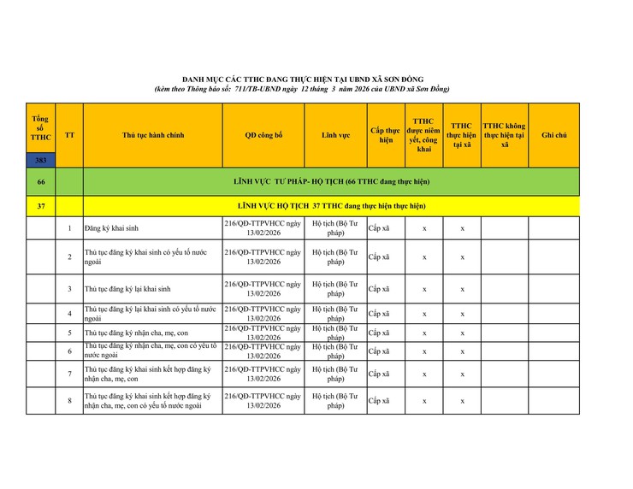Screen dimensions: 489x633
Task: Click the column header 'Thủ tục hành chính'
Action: (153, 135)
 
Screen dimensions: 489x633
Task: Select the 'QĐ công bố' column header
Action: (263, 135)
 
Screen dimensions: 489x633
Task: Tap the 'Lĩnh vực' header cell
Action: (335, 135)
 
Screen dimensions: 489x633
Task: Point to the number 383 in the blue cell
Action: (41, 160)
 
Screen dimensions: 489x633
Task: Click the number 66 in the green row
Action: (41, 181)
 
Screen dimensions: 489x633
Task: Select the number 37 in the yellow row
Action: (41, 206)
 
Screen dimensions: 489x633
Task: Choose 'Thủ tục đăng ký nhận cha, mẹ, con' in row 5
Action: (136, 333)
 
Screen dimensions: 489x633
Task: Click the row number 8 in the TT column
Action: (69, 400)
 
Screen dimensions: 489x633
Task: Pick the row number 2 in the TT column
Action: (69, 257)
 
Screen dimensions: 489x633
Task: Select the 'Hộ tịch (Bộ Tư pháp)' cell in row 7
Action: (335, 374)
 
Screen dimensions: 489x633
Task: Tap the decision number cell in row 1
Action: (263, 228)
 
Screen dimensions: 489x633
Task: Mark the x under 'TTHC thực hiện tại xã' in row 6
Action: (462, 351)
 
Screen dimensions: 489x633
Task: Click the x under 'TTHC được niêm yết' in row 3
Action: (424, 289)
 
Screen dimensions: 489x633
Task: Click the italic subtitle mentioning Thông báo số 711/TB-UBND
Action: (302, 89)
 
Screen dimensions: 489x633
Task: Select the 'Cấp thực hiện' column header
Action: (386, 135)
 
